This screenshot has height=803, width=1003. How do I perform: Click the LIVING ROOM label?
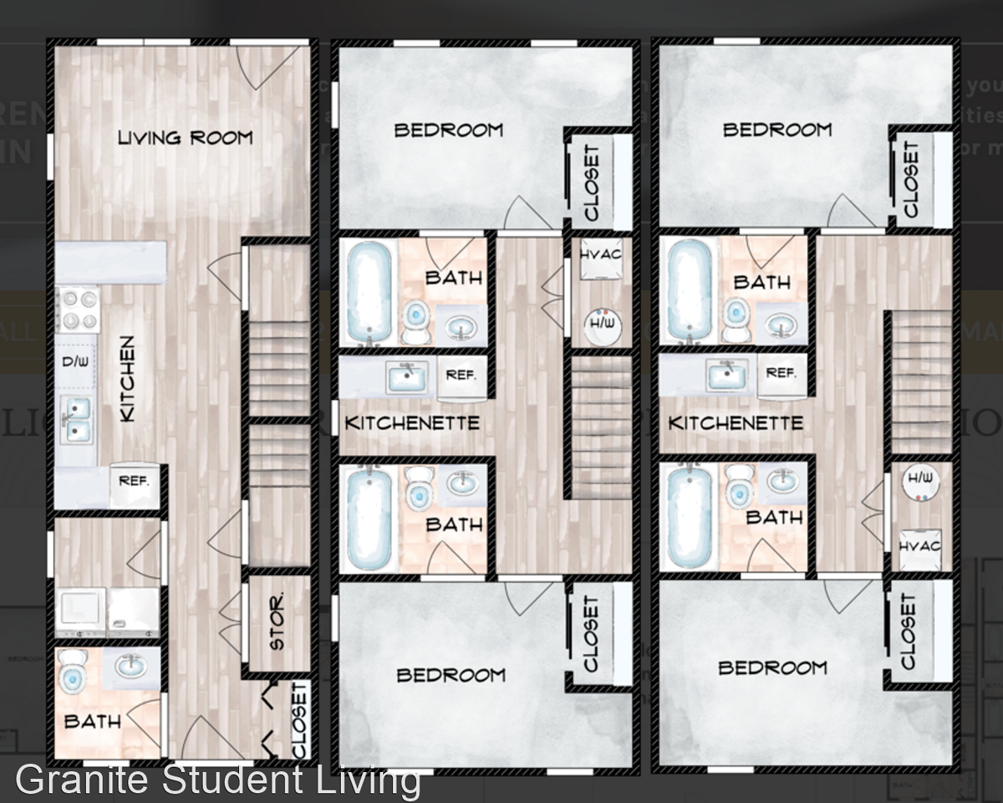185,136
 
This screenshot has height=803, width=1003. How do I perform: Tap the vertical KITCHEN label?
127,379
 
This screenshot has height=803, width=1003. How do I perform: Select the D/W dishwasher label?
77,362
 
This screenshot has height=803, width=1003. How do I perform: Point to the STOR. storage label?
277,621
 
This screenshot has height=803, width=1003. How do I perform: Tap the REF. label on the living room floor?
134,481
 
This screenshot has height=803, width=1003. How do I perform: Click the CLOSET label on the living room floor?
300,719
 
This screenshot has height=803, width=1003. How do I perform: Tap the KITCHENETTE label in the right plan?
736,423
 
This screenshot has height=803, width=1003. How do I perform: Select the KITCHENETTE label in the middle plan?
412,423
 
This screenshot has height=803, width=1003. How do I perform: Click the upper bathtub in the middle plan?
369,290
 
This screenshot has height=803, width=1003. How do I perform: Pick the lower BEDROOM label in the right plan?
772,668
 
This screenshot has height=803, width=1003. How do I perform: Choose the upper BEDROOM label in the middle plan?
448,130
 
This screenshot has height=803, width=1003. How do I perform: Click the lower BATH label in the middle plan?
454,524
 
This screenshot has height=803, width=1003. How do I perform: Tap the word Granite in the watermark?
84,780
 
